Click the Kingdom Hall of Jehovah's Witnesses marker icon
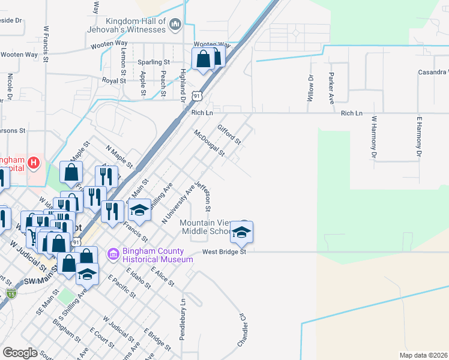click(175, 24)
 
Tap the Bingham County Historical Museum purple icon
click(112, 254)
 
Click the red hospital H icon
click(34, 162)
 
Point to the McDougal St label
click(209, 143)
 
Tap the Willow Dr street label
click(311, 88)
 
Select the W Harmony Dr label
click(373, 137)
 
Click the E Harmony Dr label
click(418, 137)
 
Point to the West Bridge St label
click(224, 252)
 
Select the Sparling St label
click(154, 62)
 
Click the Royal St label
click(113, 80)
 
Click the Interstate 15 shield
click(11, 293)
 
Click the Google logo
click(20, 352)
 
